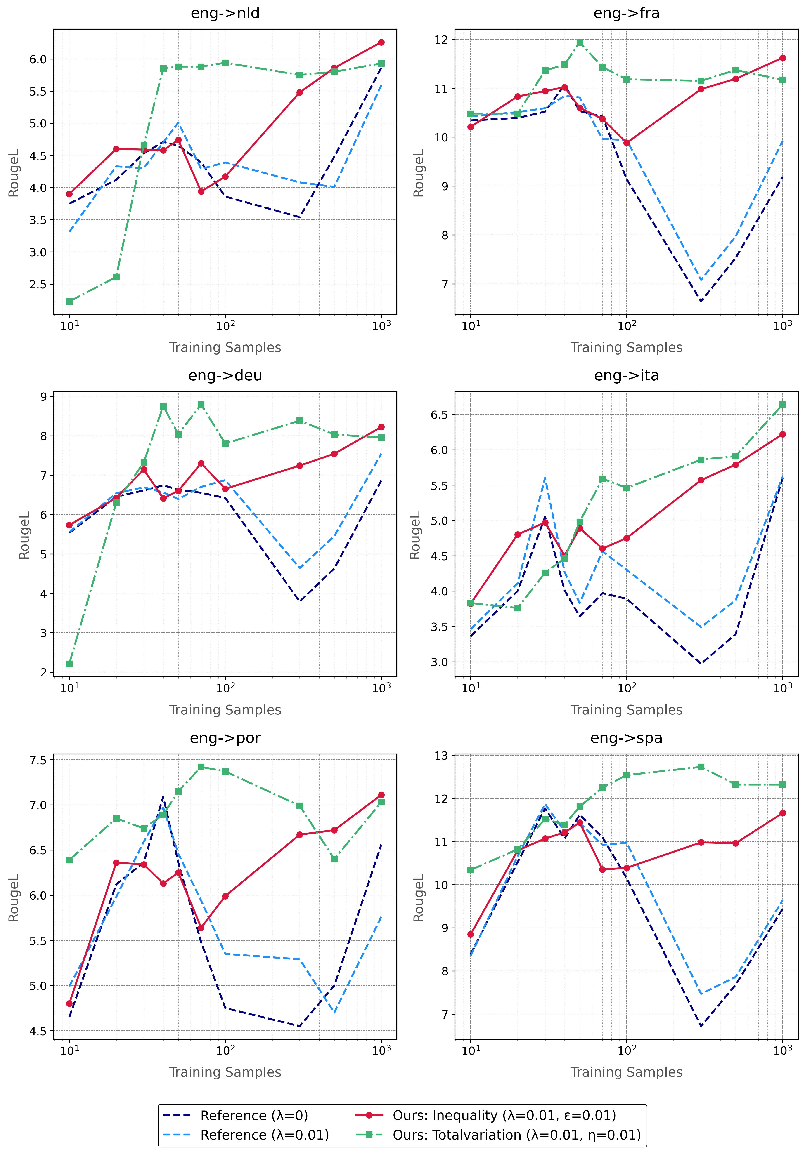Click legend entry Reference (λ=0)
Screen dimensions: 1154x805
click(x=254, y=1115)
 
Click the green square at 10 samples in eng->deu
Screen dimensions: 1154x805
click(x=69, y=664)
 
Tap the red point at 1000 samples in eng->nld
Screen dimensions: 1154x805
click(x=381, y=42)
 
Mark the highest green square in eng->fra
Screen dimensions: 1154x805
click(x=580, y=42)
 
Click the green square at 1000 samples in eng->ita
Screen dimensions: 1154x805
click(x=782, y=405)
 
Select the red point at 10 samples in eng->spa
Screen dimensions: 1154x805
click(x=471, y=934)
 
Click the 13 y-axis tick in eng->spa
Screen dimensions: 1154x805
click(x=441, y=755)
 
